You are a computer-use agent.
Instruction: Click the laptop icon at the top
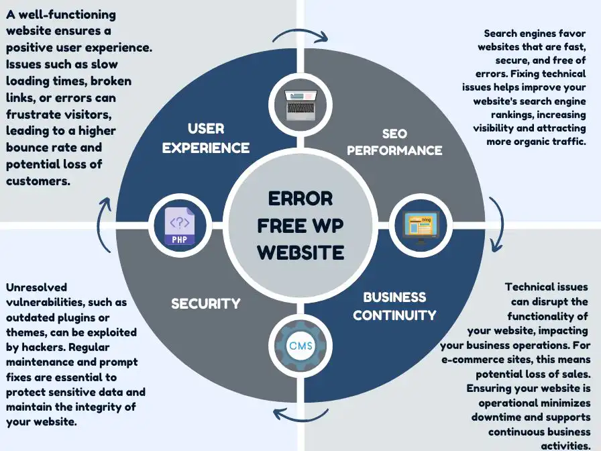point(300,105)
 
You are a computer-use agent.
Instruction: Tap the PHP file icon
point(179,226)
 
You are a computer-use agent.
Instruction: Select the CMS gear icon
point(300,346)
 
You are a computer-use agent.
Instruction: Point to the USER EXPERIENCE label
point(206,138)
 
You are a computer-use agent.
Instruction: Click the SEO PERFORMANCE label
point(394,142)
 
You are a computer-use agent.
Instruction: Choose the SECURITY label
point(205,303)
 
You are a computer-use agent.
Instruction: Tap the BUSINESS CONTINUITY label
point(394,305)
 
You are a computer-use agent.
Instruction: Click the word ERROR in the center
point(300,199)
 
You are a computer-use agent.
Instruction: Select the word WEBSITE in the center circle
point(300,252)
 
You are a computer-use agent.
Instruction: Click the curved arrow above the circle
point(300,35)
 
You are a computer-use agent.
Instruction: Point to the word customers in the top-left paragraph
point(38,181)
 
